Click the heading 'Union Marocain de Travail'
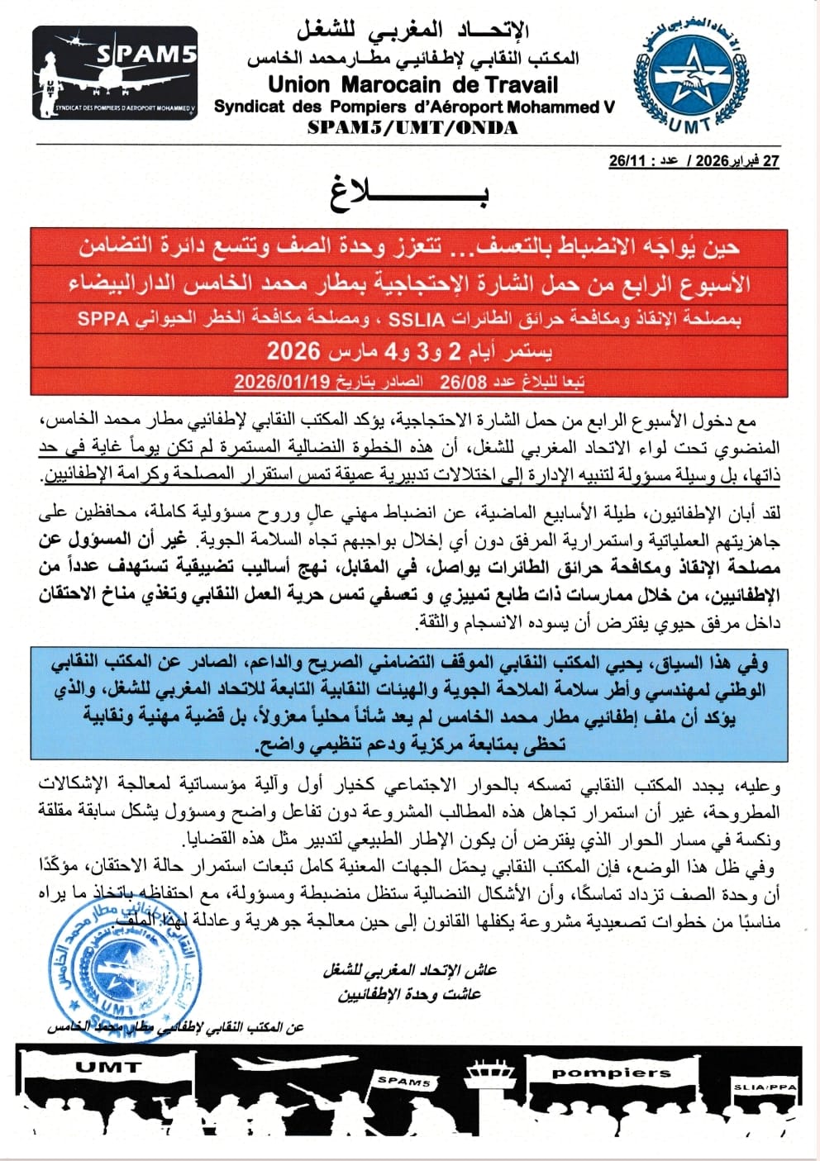point(413,84)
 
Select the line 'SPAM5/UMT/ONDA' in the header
point(412,127)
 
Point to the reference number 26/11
point(625,161)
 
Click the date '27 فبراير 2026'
point(737,161)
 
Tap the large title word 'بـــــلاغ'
point(410,194)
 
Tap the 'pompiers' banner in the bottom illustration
point(612,1073)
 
